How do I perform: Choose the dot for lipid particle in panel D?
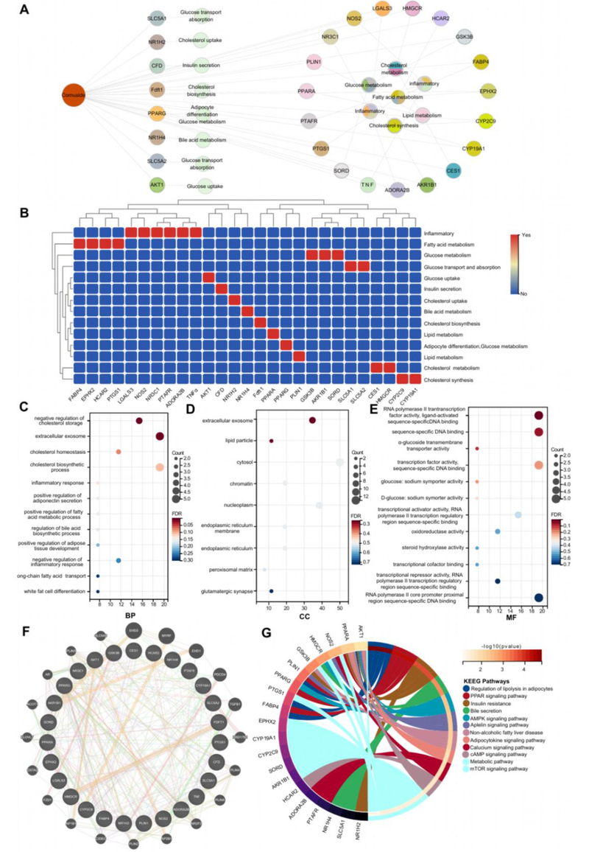(x=271, y=441)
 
